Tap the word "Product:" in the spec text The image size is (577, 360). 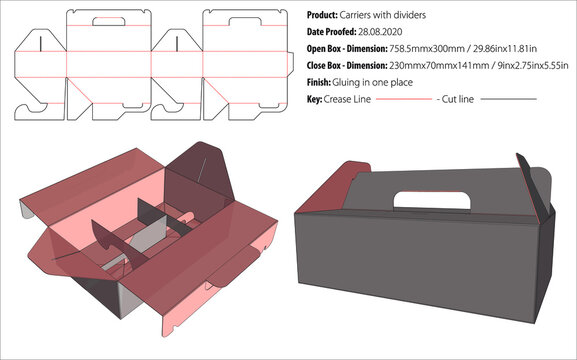pyautogui.click(x=327, y=17)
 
